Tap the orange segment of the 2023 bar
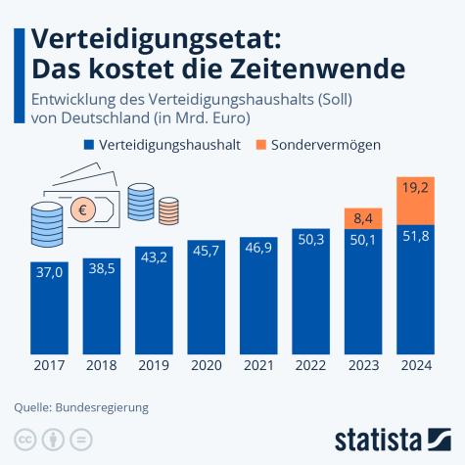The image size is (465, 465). point(362,220)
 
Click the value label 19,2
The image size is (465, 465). point(415,186)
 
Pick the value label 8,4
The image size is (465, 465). point(362,218)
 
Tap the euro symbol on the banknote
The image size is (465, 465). point(84,208)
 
